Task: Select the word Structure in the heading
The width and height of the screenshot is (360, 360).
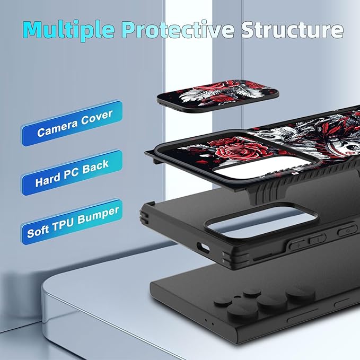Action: click(x=292, y=29)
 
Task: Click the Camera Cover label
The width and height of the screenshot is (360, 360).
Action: click(x=72, y=124)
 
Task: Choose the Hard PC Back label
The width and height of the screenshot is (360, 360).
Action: click(x=72, y=173)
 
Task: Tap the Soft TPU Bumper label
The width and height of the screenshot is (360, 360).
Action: click(x=72, y=222)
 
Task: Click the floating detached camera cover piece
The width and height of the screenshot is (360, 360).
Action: click(x=218, y=96)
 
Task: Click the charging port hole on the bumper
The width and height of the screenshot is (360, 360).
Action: click(x=203, y=248)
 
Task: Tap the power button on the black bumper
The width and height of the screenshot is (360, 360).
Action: click(x=347, y=231)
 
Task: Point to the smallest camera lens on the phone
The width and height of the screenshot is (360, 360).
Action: click(x=252, y=292)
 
